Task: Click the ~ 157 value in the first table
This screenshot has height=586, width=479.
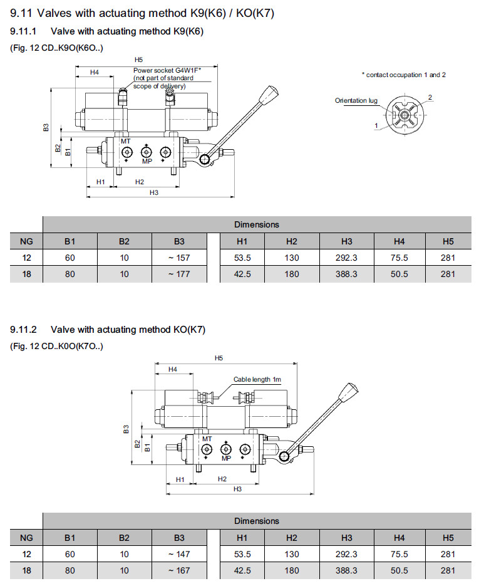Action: click(x=179, y=258)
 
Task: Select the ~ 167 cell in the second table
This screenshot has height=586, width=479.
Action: click(x=179, y=571)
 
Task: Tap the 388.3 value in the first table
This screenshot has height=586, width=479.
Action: click(x=347, y=274)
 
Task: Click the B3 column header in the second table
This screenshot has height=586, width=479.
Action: click(x=179, y=538)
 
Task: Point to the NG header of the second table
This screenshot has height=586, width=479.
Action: click(x=26, y=538)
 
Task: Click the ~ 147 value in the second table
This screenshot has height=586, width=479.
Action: click(x=179, y=554)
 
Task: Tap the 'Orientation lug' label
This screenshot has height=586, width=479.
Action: click(x=356, y=100)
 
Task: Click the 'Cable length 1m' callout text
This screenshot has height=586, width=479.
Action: click(x=257, y=379)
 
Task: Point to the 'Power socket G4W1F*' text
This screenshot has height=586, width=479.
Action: click(x=167, y=71)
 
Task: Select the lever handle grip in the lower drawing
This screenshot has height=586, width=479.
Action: click(x=346, y=392)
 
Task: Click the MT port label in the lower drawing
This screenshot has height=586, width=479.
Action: click(x=207, y=439)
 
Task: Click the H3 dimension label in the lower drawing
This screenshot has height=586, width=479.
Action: click(x=237, y=488)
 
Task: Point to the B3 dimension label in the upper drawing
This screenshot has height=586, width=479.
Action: click(x=46, y=128)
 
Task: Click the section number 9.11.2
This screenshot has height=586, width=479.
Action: click(x=24, y=330)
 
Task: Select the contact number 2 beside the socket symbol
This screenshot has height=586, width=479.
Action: click(x=430, y=97)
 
